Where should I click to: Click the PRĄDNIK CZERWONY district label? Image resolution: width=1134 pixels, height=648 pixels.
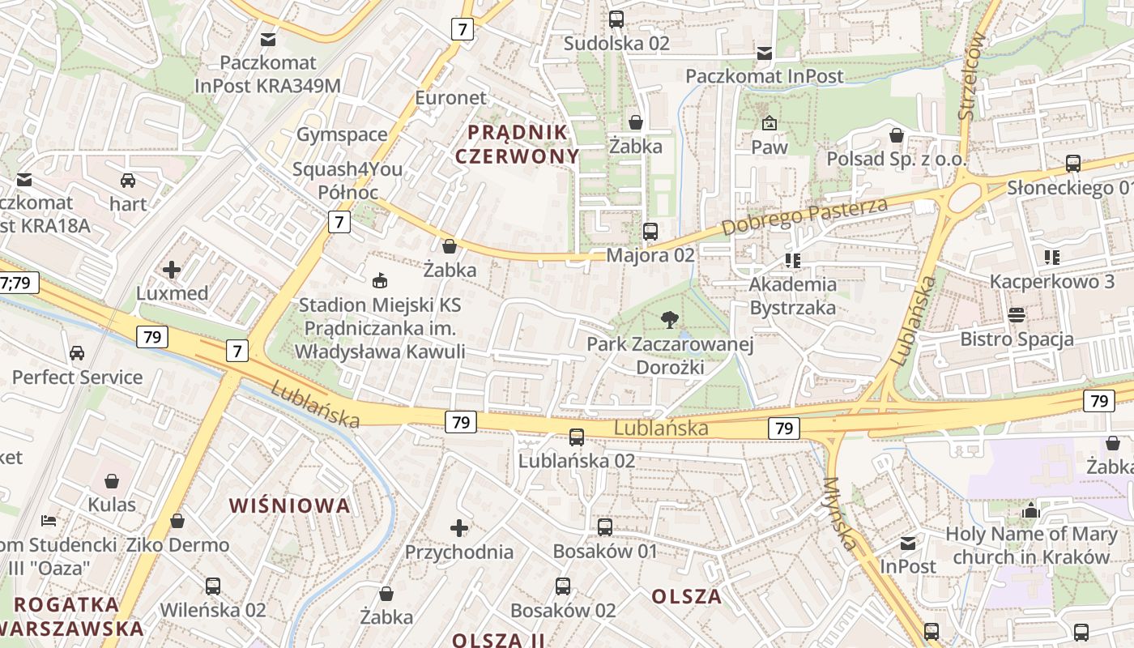coord(517,143)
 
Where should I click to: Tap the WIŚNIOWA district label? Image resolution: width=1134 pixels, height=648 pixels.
coord(290,506)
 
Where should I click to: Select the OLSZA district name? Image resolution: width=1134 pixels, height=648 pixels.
coord(686,597)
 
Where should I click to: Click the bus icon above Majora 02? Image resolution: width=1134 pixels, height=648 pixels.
coord(650,232)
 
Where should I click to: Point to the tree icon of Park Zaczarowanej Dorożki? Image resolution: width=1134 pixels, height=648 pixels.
coord(669,320)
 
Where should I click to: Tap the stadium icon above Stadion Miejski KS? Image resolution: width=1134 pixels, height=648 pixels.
coord(378,281)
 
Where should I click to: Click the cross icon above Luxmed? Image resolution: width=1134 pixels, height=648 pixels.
coord(172,269)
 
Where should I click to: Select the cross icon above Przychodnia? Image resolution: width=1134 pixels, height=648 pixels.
coord(459,528)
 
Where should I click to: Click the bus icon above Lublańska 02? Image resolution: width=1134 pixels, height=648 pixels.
coord(576,437)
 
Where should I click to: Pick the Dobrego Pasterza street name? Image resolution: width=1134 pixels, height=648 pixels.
coord(804,216)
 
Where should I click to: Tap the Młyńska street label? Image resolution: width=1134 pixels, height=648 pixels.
coord(839,513)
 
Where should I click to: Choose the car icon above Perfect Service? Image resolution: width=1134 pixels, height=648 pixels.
coord(77,353)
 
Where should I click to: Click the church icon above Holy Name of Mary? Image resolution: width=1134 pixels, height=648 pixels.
coord(1030,510)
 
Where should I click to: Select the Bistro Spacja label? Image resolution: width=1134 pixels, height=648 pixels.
coord(1017,339)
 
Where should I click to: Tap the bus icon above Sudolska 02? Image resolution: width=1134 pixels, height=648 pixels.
coord(616,19)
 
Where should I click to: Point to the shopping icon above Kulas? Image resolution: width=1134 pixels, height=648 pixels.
coord(112,481)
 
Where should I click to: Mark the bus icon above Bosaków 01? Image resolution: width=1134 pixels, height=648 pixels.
coord(604,527)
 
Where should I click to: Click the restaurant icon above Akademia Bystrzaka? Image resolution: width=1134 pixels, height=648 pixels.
coord(792,260)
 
